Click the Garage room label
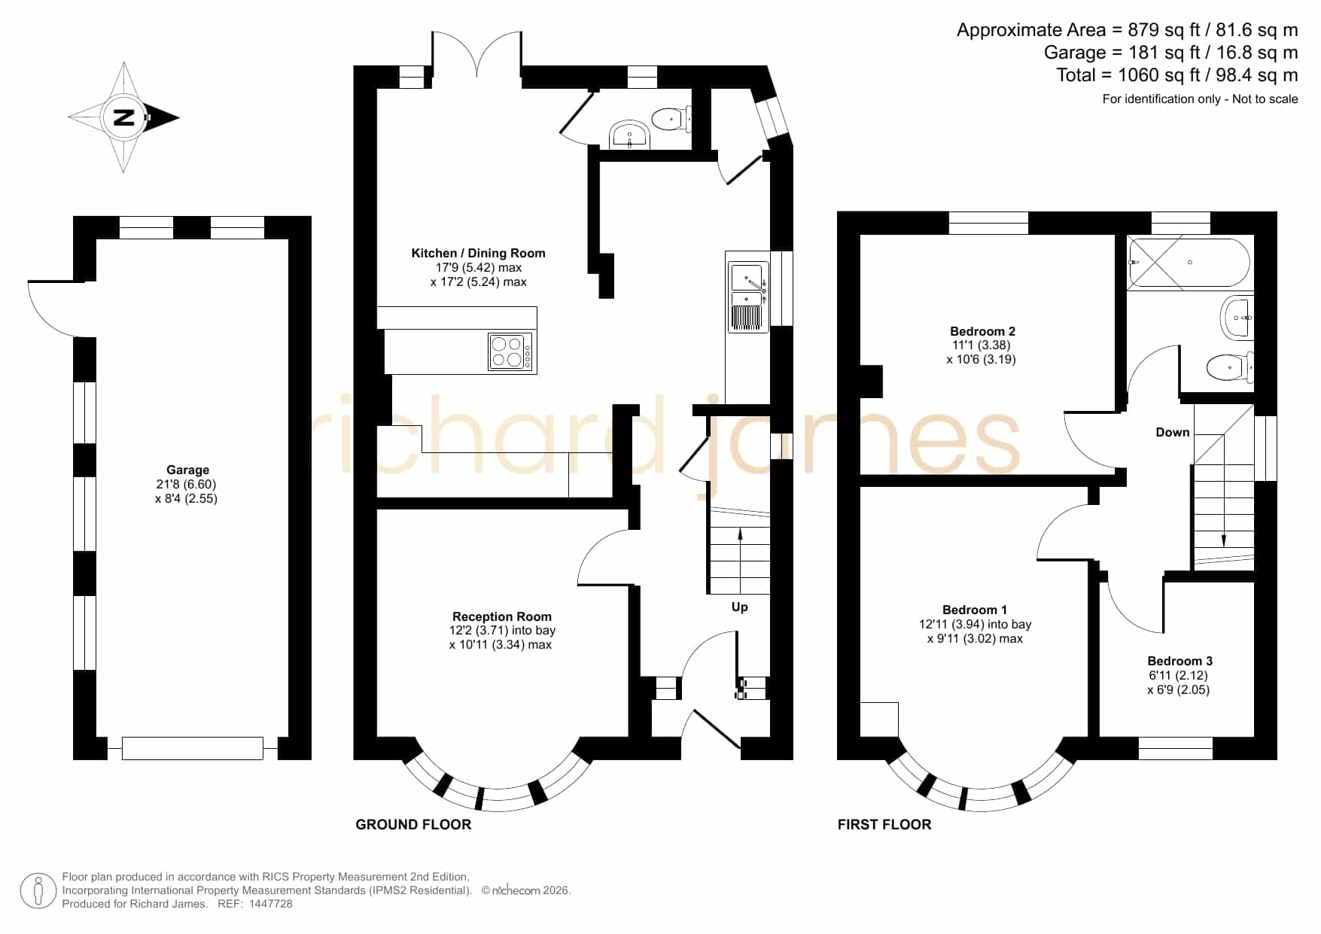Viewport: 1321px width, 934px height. click(x=187, y=470)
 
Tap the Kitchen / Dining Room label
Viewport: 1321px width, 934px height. click(x=478, y=254)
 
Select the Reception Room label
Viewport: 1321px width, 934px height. click(x=502, y=616)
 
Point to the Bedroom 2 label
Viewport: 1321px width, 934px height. click(x=982, y=331)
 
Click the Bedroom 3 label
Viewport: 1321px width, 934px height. click(x=1179, y=661)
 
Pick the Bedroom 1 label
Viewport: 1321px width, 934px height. click(x=975, y=610)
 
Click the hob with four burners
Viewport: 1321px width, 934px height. click(x=511, y=351)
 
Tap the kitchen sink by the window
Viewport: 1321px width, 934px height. click(x=748, y=294)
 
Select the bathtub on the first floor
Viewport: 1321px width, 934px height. click(x=1189, y=263)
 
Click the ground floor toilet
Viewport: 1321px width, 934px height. click(x=671, y=119)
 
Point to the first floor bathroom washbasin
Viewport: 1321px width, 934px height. click(x=1235, y=318)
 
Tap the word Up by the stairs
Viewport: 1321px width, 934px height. click(x=740, y=607)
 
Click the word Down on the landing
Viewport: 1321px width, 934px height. click(x=1173, y=432)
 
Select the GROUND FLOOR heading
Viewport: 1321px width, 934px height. click(x=413, y=825)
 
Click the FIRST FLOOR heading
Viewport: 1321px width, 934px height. click(x=884, y=825)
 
